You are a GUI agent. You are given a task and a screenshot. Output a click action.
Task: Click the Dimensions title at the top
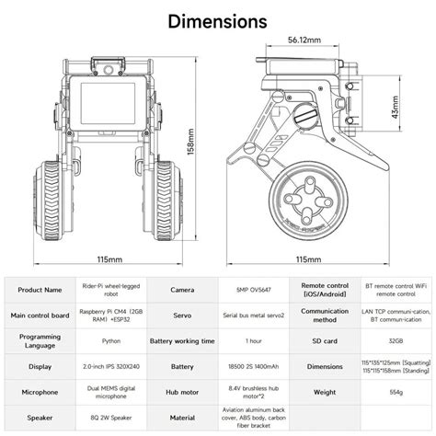(218, 20)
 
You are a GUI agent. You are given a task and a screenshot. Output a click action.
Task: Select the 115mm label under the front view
(109, 259)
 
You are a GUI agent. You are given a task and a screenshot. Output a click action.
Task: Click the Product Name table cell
(40, 289)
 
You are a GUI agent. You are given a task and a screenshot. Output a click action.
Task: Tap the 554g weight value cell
(396, 393)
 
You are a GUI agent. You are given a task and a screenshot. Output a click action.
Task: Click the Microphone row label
(40, 393)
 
